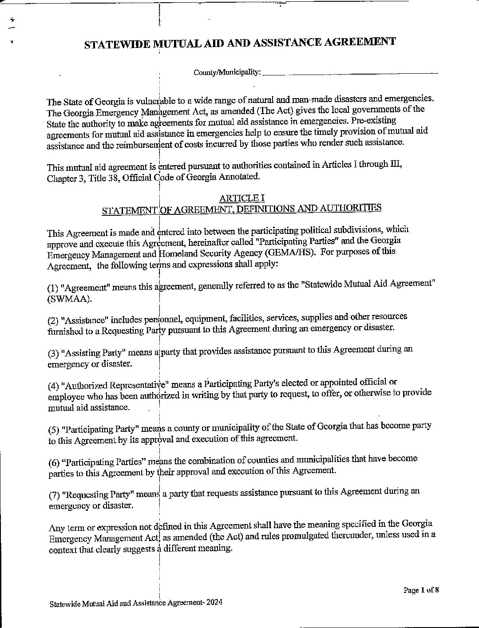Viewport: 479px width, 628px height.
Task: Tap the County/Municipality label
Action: (227, 72)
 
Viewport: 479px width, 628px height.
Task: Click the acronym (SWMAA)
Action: (70, 299)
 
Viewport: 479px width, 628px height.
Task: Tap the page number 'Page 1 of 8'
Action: (421, 590)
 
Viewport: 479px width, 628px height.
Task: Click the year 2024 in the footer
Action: (214, 603)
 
